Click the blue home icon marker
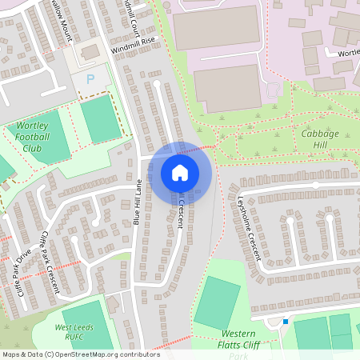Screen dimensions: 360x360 coord(180,173)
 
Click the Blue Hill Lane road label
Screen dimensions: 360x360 coord(138,202)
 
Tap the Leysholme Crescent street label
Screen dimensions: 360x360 coord(250,228)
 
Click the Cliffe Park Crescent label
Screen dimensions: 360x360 coord(48,264)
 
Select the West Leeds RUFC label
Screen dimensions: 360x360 coord(70,332)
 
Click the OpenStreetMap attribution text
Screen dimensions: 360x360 coord(80,354)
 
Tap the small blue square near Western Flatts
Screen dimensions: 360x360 coord(285,322)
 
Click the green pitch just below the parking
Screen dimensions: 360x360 coord(99,118)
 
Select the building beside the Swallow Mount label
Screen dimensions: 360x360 coord(90,52)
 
